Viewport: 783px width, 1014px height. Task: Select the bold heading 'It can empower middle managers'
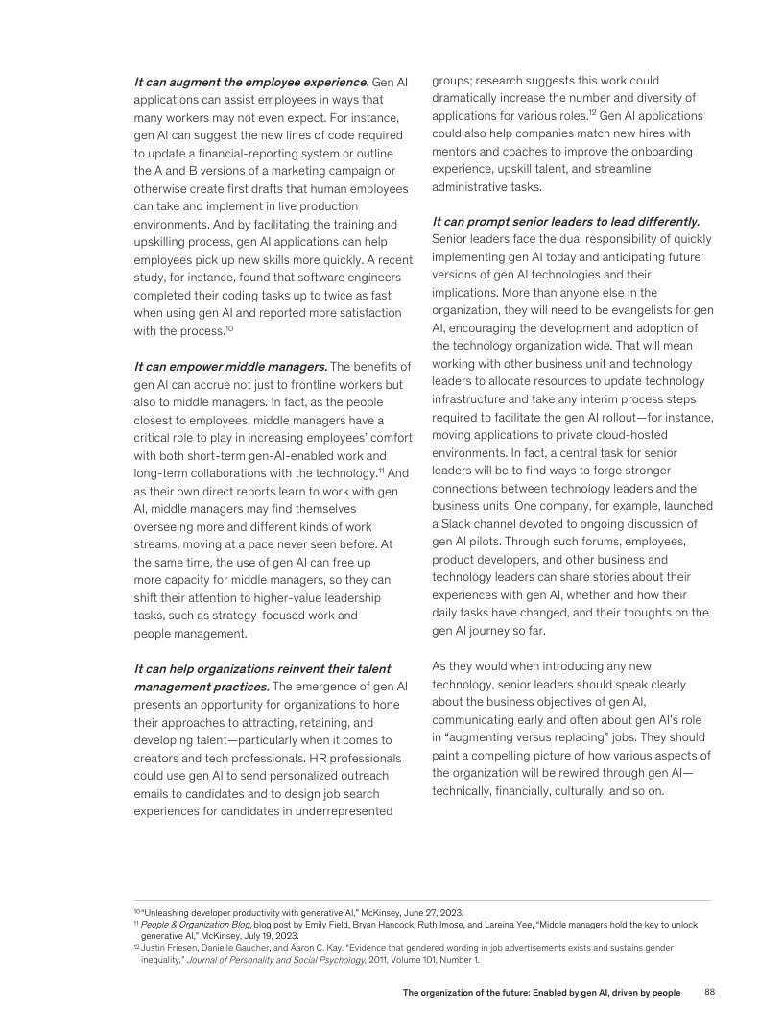(230, 366)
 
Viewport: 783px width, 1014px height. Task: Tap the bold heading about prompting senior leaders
(565, 222)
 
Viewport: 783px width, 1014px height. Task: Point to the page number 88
(710, 991)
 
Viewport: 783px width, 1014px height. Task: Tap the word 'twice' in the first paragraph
(343, 295)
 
